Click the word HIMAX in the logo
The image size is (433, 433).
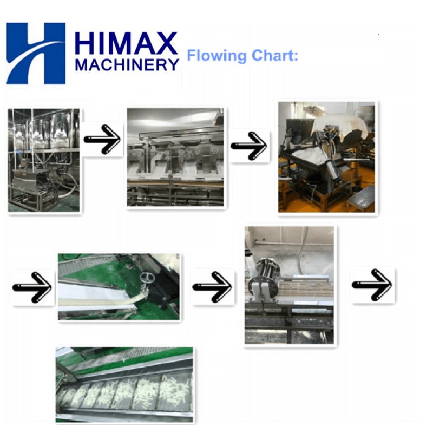[126, 43]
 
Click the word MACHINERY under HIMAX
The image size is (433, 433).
[127, 65]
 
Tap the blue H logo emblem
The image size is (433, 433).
[36, 53]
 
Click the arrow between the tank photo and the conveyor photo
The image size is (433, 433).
[102, 139]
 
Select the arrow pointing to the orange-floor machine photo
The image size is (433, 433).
[249, 146]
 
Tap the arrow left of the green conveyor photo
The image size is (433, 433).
[32, 287]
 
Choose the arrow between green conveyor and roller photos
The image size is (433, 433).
[212, 287]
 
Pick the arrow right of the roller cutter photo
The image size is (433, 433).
[372, 285]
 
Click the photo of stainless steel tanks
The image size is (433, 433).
[44, 160]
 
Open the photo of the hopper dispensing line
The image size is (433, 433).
[175, 157]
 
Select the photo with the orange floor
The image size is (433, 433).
[326, 157]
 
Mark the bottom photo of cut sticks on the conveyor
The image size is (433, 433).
[124, 385]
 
